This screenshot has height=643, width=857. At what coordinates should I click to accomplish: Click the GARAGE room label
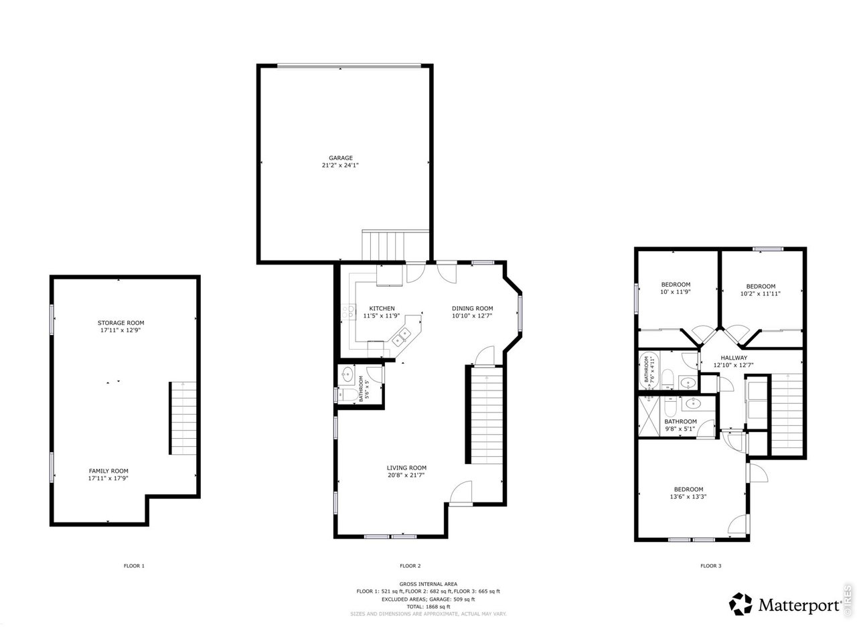(340, 158)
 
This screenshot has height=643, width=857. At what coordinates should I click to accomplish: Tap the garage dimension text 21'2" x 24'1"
(340, 165)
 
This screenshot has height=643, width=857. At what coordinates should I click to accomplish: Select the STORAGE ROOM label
(121, 323)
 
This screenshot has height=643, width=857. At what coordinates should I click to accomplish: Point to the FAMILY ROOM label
(108, 471)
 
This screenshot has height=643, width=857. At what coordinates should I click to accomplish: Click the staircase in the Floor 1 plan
(182, 417)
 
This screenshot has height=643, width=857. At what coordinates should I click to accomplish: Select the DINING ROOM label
(472, 308)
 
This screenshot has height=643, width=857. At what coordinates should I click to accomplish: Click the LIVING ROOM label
(406, 468)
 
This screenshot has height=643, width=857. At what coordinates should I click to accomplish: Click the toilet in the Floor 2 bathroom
(347, 395)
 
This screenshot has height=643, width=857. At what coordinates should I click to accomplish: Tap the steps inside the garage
(384, 245)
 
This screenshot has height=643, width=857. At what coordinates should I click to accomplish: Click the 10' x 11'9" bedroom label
(676, 285)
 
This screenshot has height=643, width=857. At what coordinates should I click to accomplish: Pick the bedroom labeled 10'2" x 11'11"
(761, 286)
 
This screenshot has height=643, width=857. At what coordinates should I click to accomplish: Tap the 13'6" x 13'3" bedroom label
(688, 489)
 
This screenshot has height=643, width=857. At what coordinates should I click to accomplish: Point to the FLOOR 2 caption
(410, 566)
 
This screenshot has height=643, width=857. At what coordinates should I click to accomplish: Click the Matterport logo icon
(741, 603)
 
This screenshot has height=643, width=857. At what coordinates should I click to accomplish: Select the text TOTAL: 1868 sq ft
(428, 606)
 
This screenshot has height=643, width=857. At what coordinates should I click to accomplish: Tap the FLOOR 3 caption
(710, 566)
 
